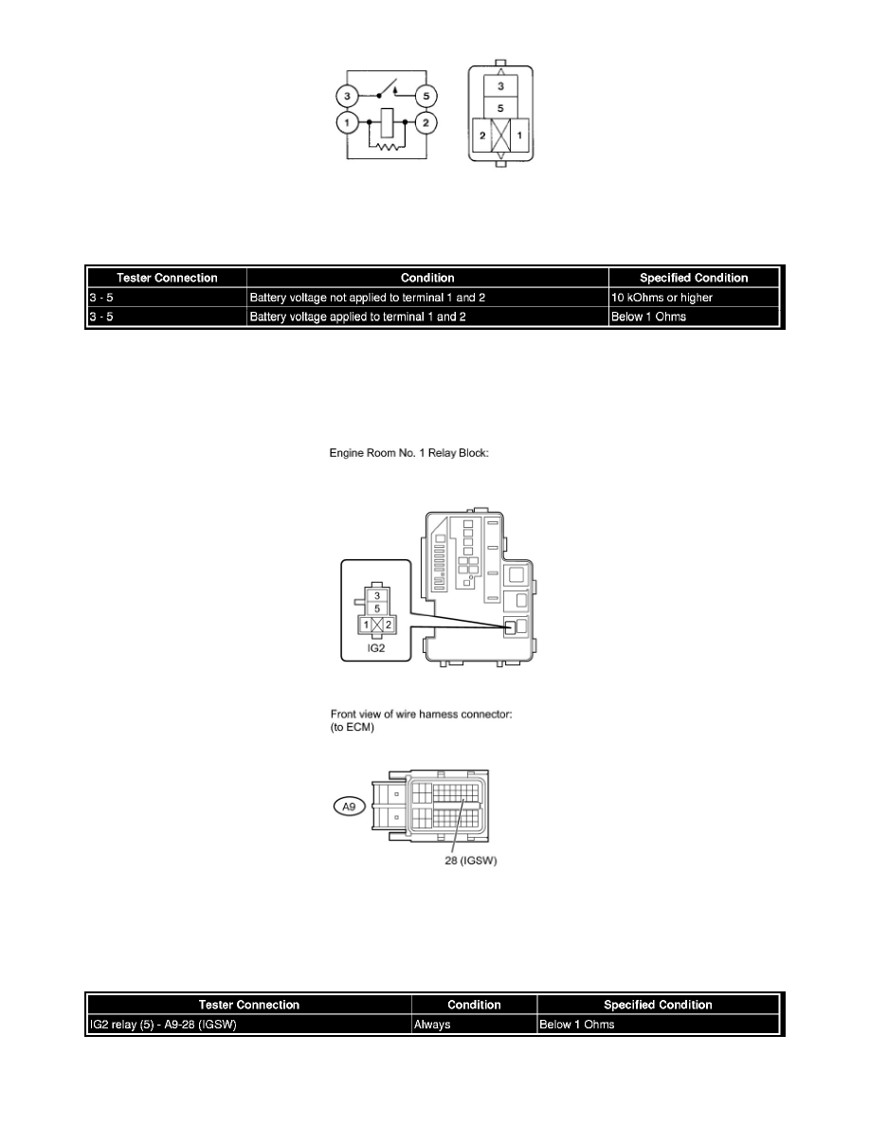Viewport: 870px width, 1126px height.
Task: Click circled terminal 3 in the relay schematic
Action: pos(348,97)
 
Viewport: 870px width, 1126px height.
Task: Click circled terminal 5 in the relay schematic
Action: pos(426,97)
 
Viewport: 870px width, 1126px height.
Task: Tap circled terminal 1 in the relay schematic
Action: pos(348,123)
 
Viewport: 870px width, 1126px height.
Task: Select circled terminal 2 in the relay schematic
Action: pos(426,123)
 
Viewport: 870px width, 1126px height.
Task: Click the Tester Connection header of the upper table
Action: pos(167,278)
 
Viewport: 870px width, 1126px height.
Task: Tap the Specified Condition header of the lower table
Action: pos(658,1005)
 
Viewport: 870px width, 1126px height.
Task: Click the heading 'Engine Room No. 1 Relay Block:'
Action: pos(408,454)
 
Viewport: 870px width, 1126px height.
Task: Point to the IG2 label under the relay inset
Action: pos(376,648)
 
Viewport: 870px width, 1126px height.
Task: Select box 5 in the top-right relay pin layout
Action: pos(502,109)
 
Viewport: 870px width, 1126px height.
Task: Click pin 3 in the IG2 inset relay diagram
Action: pos(376,595)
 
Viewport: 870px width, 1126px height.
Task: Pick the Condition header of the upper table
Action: pos(427,278)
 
